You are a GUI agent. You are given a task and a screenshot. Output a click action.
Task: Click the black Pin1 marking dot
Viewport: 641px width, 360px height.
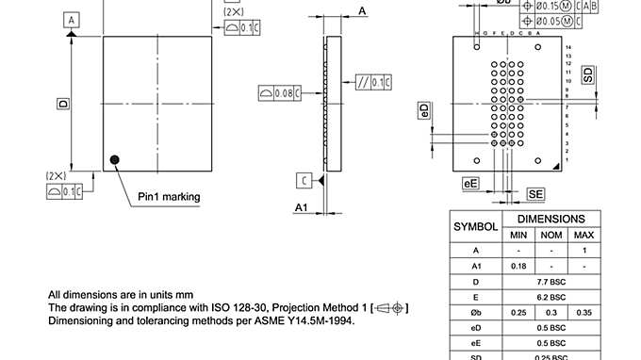116,160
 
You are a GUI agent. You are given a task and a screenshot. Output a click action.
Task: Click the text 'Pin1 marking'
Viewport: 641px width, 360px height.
169,196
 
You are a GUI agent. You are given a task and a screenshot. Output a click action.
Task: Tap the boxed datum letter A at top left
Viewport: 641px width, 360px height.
72,19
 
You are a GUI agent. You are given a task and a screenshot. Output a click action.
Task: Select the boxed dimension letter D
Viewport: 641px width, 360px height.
63,103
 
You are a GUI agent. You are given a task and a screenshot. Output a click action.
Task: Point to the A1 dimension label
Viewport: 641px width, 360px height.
302,206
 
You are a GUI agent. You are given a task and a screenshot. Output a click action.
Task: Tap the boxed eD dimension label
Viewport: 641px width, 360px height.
425,111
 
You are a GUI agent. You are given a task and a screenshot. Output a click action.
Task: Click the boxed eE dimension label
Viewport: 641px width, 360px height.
470,184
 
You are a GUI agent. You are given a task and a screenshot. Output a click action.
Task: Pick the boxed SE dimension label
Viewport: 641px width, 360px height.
535,193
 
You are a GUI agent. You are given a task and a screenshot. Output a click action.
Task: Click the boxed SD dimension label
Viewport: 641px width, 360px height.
588,75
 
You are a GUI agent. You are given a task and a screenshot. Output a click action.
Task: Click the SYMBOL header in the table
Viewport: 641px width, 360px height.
476,227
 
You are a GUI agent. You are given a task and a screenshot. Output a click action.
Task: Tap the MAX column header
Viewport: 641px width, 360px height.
583,235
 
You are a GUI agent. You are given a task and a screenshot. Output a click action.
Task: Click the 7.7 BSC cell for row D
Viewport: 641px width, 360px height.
551,282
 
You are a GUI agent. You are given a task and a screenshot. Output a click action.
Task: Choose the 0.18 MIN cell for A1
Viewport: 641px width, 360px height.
518,266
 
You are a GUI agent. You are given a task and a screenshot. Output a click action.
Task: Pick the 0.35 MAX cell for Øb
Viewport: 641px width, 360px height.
583,312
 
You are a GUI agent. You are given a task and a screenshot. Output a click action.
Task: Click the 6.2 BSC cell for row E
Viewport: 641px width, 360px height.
551,297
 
